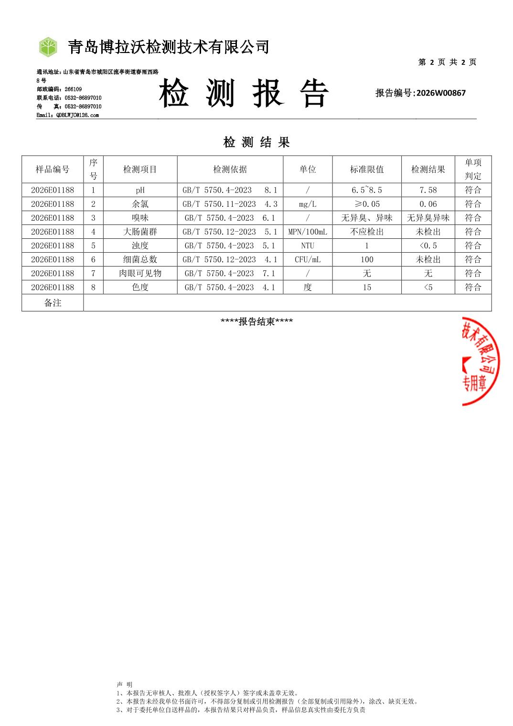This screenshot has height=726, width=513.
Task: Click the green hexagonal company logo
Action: [x=48, y=47]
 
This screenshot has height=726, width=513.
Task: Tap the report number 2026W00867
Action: [x=440, y=93]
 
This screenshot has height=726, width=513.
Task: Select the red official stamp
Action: [x=481, y=361]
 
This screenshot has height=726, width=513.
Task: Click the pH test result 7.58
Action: [x=428, y=190]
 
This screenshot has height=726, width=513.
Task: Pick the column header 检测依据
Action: [x=230, y=170]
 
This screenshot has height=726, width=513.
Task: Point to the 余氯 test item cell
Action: [x=140, y=204]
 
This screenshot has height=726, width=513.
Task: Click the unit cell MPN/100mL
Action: [x=308, y=232]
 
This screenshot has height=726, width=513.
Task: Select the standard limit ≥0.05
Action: [x=367, y=204]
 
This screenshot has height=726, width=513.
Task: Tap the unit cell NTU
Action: [x=308, y=246]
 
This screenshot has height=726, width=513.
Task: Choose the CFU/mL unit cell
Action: [x=308, y=259]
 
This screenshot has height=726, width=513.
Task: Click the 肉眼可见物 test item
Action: [x=140, y=273]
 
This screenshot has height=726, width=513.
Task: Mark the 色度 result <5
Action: [x=428, y=287]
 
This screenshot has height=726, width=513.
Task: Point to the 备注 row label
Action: [x=53, y=303]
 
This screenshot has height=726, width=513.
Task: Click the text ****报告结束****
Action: [x=256, y=321]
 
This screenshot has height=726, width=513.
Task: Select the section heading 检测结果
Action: [x=256, y=142]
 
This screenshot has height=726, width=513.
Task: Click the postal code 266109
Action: [x=73, y=89]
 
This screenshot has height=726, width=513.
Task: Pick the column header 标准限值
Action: [x=367, y=170]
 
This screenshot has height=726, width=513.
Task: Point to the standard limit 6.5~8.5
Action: [x=367, y=190]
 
